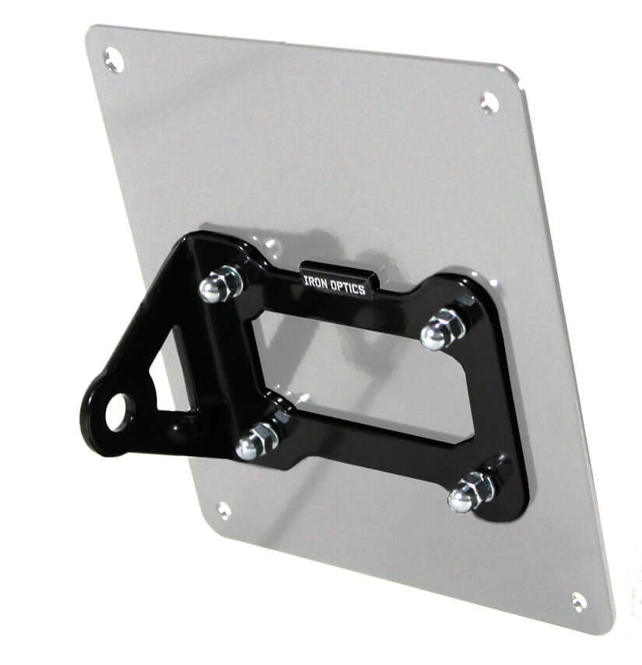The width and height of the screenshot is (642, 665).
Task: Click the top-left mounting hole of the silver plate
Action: pos(114,60)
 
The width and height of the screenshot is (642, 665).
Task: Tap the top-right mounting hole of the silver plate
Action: pos(489,103)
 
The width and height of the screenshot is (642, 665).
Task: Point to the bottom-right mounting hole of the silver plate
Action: pos(579,602)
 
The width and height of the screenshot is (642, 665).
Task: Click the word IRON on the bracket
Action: pos(316,283)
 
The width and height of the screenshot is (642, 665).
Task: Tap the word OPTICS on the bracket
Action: pos(348,287)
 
